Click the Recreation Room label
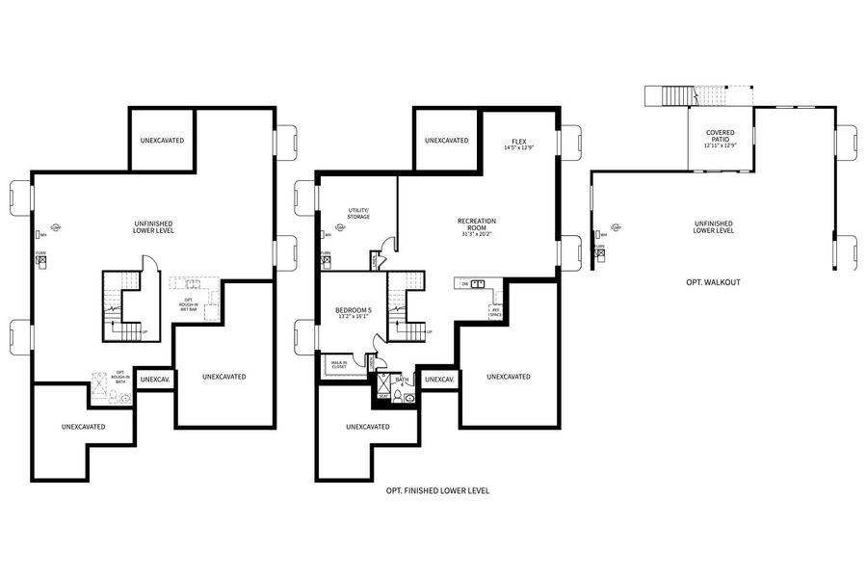476,223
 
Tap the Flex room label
519,140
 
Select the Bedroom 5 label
354,310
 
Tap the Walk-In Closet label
339,365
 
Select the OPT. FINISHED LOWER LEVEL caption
437,490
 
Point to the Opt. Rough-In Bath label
120,376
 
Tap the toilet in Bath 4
408,396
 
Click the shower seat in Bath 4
382,396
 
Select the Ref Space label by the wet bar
495,313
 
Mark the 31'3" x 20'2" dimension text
476,234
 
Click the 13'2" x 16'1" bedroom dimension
354,316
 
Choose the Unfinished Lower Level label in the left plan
153,227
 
